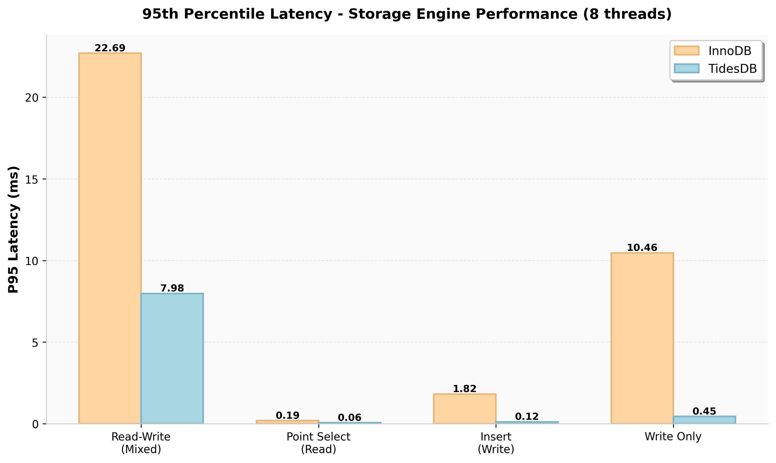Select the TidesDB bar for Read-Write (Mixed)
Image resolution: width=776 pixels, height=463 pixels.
point(172,359)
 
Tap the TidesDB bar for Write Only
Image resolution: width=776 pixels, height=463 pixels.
point(704,420)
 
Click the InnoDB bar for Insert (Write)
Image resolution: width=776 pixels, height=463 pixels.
point(465,409)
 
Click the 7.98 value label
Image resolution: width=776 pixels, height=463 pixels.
point(172,288)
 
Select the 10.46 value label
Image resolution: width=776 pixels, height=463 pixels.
point(642,248)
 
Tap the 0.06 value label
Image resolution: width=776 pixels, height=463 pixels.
point(350,417)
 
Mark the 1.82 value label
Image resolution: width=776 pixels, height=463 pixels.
point(464,389)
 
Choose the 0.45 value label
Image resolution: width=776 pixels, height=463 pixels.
point(704,411)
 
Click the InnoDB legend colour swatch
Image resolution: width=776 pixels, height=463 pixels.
point(686,51)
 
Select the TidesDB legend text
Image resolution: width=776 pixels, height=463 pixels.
point(732,69)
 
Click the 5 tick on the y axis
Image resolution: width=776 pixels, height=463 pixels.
point(35,343)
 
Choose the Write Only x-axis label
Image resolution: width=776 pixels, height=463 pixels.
point(673,437)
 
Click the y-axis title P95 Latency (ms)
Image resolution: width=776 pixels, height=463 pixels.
point(14,229)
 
